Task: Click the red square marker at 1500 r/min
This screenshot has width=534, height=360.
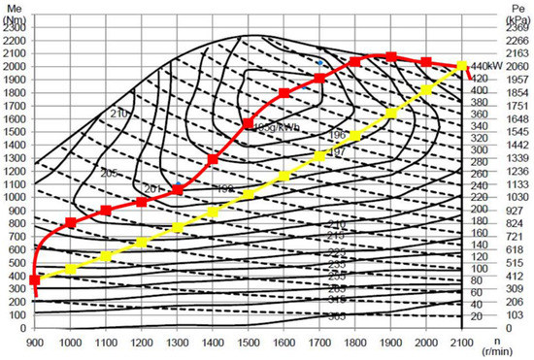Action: coord(249,123)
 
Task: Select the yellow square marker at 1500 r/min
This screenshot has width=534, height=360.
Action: coord(249,194)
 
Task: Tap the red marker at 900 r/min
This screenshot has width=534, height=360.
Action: coord(35,279)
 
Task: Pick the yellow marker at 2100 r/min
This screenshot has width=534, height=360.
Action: coord(462,66)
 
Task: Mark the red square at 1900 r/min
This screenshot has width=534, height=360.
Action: coord(391,56)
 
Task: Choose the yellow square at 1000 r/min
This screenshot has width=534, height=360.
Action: coord(71,269)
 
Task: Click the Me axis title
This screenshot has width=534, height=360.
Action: coord(15,6)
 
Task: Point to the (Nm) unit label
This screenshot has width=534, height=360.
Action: coord(15,16)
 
